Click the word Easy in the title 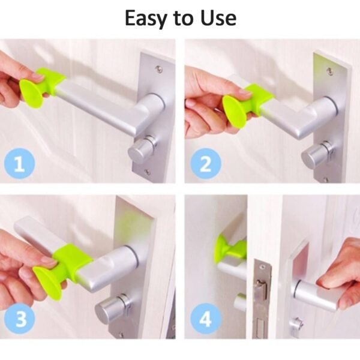click(147, 18)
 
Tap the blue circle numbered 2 click(205, 163)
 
